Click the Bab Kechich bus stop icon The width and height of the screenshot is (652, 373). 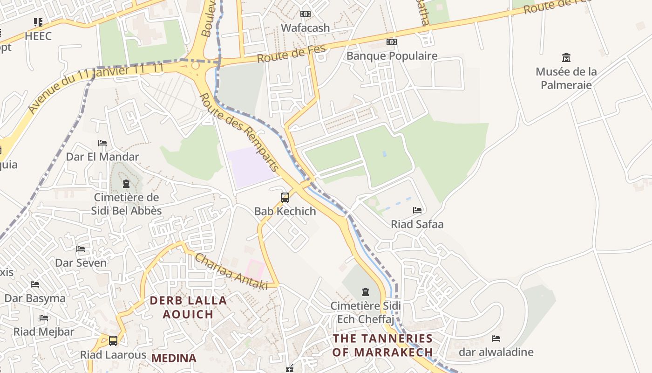pyautogui.click(x=285, y=198)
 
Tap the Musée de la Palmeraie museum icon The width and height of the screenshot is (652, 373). pyautogui.click(x=566, y=58)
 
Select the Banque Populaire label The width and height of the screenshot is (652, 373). pyautogui.click(x=392, y=56)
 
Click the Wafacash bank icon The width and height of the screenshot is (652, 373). pyautogui.click(x=306, y=14)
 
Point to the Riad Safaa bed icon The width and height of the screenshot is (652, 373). pyautogui.click(x=417, y=211)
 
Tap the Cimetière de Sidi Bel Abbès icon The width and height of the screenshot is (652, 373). pyautogui.click(x=126, y=184)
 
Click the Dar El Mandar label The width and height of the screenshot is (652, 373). pyautogui.click(x=102, y=157)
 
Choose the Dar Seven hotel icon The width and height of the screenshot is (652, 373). pyautogui.click(x=81, y=249)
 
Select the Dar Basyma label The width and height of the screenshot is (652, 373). pyautogui.click(x=35, y=298)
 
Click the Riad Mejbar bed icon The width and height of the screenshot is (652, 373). pyautogui.click(x=44, y=318)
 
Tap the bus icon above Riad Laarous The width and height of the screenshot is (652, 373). pyautogui.click(x=113, y=341)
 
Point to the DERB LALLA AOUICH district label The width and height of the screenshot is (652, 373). pyautogui.click(x=188, y=307)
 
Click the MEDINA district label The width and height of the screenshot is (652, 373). pyautogui.click(x=174, y=358)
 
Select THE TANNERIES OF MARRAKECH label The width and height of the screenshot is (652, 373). pyautogui.click(x=382, y=345)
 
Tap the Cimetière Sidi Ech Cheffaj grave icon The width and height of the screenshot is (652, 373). pyautogui.click(x=366, y=292)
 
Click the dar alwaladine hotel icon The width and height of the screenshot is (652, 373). pyautogui.click(x=496, y=338)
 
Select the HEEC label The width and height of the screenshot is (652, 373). pyautogui.click(x=38, y=36)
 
